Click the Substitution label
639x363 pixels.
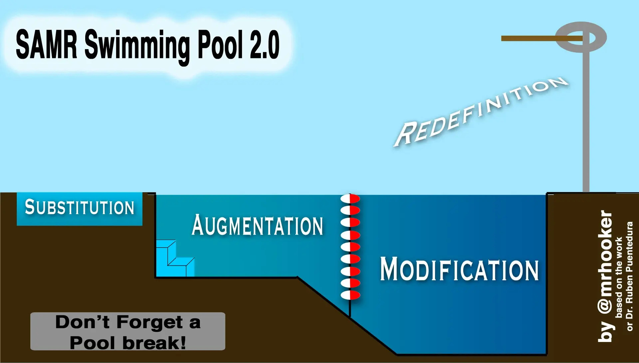coord(80,208)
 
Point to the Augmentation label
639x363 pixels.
coord(257,226)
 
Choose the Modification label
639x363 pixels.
coord(459,269)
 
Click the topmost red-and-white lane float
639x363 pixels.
coord(350,199)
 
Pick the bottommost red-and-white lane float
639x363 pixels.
coord(350,295)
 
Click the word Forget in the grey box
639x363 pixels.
coord(150,322)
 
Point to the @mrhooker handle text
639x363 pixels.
coord(605,263)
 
